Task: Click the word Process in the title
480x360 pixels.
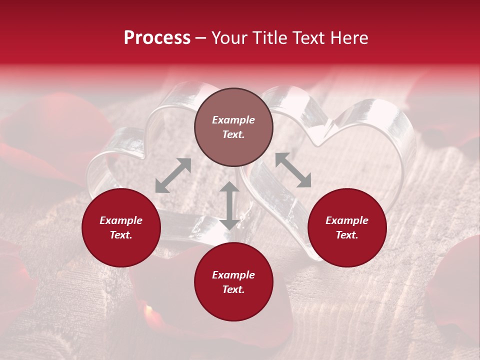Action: pyautogui.click(x=157, y=38)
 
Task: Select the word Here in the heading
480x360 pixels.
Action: pyautogui.click(x=348, y=38)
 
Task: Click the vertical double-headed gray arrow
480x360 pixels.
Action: pyautogui.click(x=229, y=205)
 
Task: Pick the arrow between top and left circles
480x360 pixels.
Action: pyautogui.click(x=173, y=175)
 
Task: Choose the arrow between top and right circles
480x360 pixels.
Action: pyautogui.click(x=293, y=170)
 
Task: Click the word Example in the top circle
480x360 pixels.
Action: pyautogui.click(x=233, y=120)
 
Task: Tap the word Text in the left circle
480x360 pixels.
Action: pyautogui.click(x=121, y=235)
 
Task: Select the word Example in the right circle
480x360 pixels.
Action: pyautogui.click(x=347, y=220)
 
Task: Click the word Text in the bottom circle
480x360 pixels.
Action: pyautogui.click(x=233, y=289)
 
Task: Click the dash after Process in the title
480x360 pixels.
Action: pyautogui.click(x=201, y=38)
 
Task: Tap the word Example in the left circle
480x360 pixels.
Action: pyautogui.click(x=121, y=220)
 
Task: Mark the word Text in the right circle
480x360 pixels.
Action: pyautogui.click(x=347, y=235)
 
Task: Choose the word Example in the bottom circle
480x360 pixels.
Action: pyautogui.click(x=233, y=275)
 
